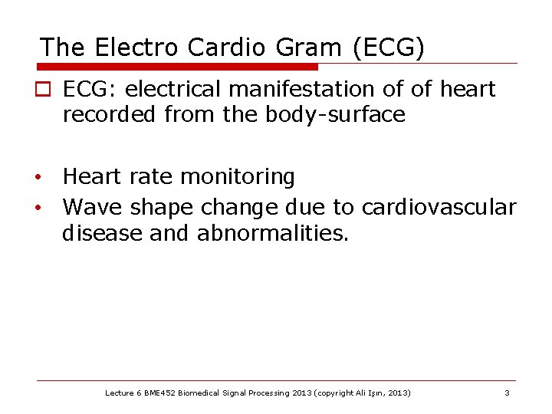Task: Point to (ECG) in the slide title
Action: point(389,48)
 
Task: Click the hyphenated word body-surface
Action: point(335,116)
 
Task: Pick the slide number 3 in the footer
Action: point(507,393)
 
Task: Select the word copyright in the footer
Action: point(327,393)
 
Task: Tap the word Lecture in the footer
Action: point(120,393)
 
